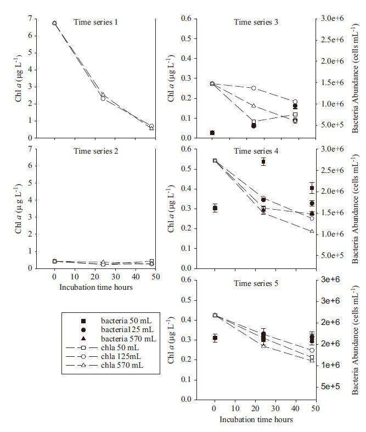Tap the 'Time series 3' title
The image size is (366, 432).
[x=256, y=22]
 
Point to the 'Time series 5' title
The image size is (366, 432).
[x=256, y=283]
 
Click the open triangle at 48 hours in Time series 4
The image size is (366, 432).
[x=312, y=231]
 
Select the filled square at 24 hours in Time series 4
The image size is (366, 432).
[x=263, y=161]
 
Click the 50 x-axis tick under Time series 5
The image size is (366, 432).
[x=312, y=409]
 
